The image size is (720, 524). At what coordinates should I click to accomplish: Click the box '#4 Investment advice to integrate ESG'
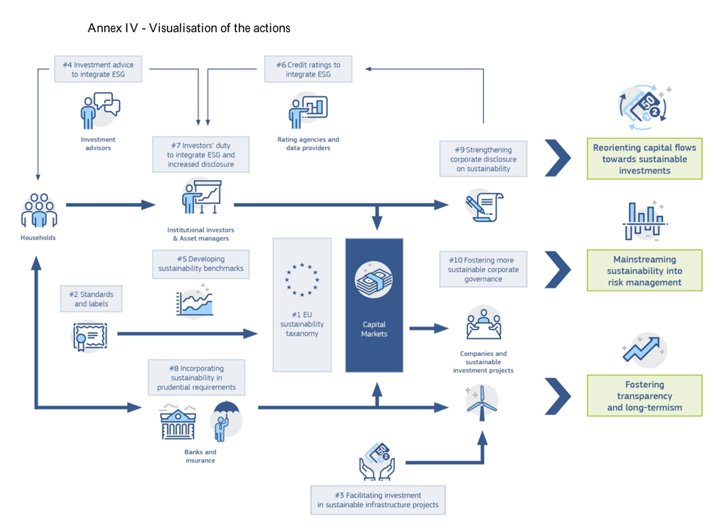(98, 69)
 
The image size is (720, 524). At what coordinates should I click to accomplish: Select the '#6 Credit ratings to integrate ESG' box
(308, 69)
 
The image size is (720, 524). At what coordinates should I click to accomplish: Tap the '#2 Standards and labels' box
(92, 298)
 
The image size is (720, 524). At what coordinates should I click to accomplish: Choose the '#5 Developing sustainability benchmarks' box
(201, 264)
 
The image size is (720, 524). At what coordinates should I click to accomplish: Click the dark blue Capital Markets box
(374, 305)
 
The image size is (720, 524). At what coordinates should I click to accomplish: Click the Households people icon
(39, 210)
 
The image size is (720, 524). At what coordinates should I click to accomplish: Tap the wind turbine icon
(482, 403)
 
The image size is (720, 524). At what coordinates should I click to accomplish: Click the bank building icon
(178, 422)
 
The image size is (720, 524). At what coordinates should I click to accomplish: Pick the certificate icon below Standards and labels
(90, 336)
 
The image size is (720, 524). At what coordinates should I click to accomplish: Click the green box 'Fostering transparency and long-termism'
(645, 395)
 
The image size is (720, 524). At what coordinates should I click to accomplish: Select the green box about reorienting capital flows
(645, 159)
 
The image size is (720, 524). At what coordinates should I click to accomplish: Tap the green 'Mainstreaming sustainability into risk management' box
(645, 270)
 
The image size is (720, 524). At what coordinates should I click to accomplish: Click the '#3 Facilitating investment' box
(378, 500)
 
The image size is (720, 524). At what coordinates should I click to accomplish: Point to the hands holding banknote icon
(377, 462)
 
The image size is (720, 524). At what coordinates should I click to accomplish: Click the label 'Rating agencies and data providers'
(308, 144)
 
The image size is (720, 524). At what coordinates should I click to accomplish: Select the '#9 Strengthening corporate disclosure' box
(483, 159)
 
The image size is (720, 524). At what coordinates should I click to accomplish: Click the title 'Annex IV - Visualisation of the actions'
(189, 28)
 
